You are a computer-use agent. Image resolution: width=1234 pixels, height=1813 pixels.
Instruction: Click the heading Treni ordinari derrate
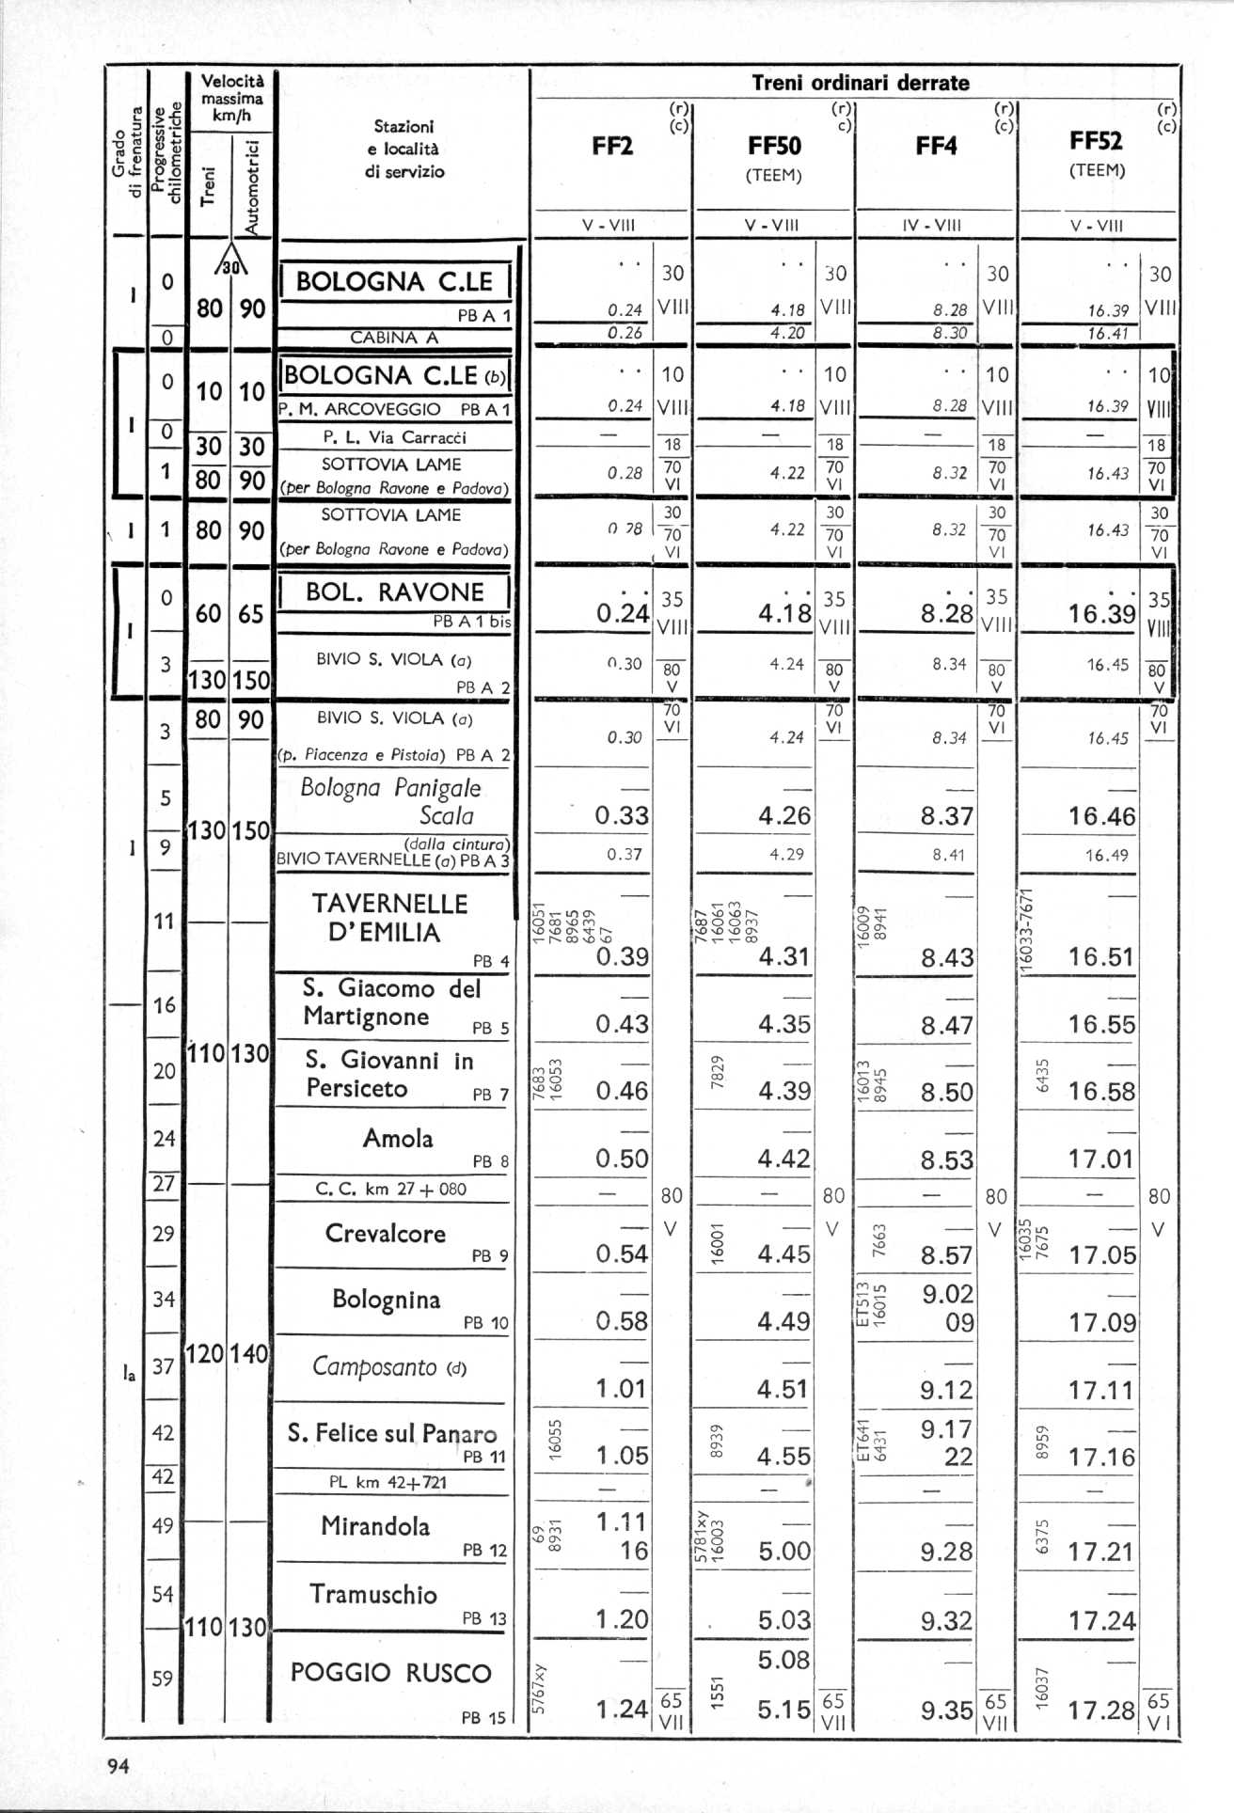pyautogui.click(x=860, y=83)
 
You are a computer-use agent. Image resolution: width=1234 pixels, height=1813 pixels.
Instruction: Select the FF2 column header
pyautogui.click(x=612, y=146)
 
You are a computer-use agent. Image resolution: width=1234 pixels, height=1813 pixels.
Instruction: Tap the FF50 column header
pyautogui.click(x=774, y=146)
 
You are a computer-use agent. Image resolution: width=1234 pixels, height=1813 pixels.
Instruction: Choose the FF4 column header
pyautogui.click(x=936, y=146)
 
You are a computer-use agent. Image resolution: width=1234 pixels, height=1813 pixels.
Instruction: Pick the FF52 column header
pyautogui.click(x=1096, y=141)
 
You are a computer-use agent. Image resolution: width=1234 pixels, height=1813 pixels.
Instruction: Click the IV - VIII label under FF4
pyautogui.click(x=935, y=226)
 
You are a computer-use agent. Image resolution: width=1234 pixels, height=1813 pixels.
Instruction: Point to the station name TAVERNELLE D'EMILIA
pyautogui.click(x=389, y=918)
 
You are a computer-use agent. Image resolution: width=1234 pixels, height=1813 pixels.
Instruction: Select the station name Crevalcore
pyautogui.click(x=385, y=1233)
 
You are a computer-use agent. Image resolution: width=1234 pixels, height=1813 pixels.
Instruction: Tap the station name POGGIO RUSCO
pyautogui.click(x=390, y=1673)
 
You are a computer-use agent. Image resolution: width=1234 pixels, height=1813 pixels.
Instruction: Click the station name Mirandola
pyautogui.click(x=375, y=1525)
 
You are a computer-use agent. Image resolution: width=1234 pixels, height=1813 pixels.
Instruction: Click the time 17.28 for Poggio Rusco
pyautogui.click(x=1102, y=1710)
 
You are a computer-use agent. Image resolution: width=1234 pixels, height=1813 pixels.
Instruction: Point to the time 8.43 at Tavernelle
pyautogui.click(x=947, y=957)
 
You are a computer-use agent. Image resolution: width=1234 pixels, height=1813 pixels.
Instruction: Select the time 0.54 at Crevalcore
pyautogui.click(x=622, y=1253)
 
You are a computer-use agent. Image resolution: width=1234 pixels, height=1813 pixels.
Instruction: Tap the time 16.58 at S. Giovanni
pyautogui.click(x=1101, y=1092)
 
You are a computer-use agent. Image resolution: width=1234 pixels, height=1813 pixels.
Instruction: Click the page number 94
pyautogui.click(x=118, y=1766)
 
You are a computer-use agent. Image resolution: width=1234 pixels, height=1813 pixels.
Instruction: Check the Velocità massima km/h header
pyautogui.click(x=232, y=99)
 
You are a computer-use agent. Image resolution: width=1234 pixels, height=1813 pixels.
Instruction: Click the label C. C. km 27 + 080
pyautogui.click(x=390, y=1189)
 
